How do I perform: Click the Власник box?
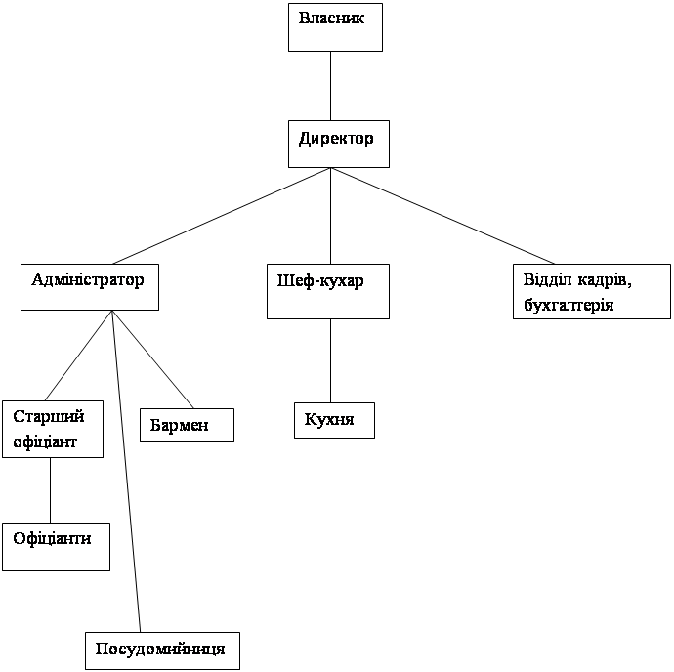click(x=335, y=27)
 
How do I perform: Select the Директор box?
click(x=339, y=144)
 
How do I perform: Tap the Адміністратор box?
click(x=90, y=287)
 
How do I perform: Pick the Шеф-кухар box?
click(x=328, y=291)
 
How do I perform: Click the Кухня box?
click(x=334, y=420)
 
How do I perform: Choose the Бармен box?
click(x=187, y=425)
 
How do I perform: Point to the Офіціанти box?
click(x=56, y=547)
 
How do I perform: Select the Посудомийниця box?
click(x=162, y=651)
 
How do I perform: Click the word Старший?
click(x=49, y=417)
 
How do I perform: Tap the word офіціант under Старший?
click(x=45, y=442)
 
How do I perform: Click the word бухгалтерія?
click(x=569, y=306)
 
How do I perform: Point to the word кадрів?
click(x=605, y=280)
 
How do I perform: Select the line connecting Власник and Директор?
click(x=330, y=86)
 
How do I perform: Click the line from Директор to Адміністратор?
click(x=222, y=216)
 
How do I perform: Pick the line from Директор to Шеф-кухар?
click(x=330, y=216)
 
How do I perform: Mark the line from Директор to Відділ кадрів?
click(x=442, y=216)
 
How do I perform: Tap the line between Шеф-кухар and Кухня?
click(x=330, y=360)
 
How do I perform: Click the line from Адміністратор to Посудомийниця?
click(x=126, y=471)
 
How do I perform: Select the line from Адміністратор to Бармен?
click(x=152, y=359)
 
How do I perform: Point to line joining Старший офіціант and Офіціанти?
click(x=50, y=490)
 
